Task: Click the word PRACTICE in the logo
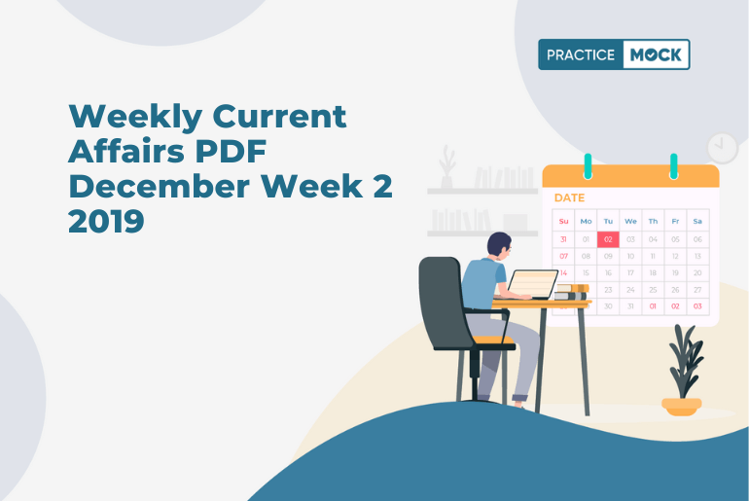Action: click(581, 54)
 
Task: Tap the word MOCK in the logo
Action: click(656, 54)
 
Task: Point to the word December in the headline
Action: click(160, 186)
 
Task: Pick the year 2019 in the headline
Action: click(106, 221)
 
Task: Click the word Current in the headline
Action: click(279, 116)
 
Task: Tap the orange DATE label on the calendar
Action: click(569, 197)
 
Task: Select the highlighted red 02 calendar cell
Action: click(608, 239)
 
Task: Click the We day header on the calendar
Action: click(630, 221)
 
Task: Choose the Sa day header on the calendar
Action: click(697, 221)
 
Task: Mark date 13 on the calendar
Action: click(697, 256)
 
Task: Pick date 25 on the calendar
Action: click(653, 290)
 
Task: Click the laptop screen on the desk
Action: click(533, 284)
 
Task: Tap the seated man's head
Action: click(499, 245)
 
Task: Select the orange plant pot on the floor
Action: click(682, 407)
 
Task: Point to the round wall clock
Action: click(722, 149)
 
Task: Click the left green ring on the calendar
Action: click(588, 166)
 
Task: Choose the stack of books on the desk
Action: click(571, 292)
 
